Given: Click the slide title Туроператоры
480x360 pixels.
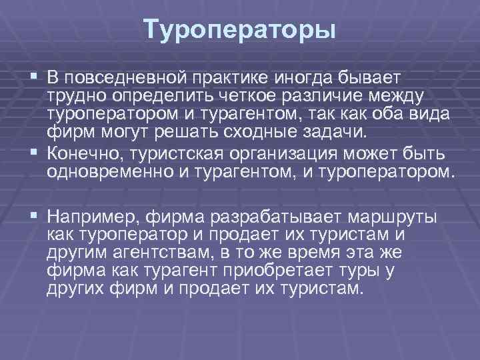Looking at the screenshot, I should coord(239,29).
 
